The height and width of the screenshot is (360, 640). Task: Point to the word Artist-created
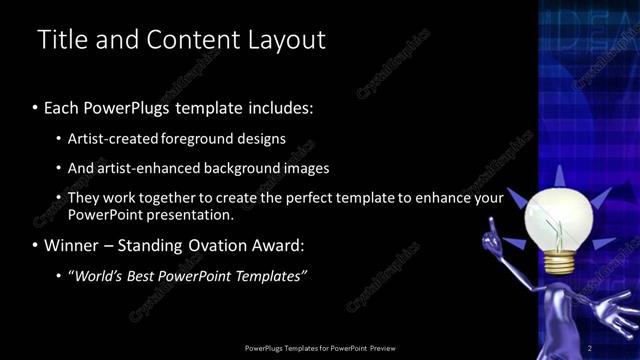point(111,138)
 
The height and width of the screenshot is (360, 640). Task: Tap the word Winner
point(74,245)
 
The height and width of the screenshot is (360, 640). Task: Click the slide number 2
point(590,348)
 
